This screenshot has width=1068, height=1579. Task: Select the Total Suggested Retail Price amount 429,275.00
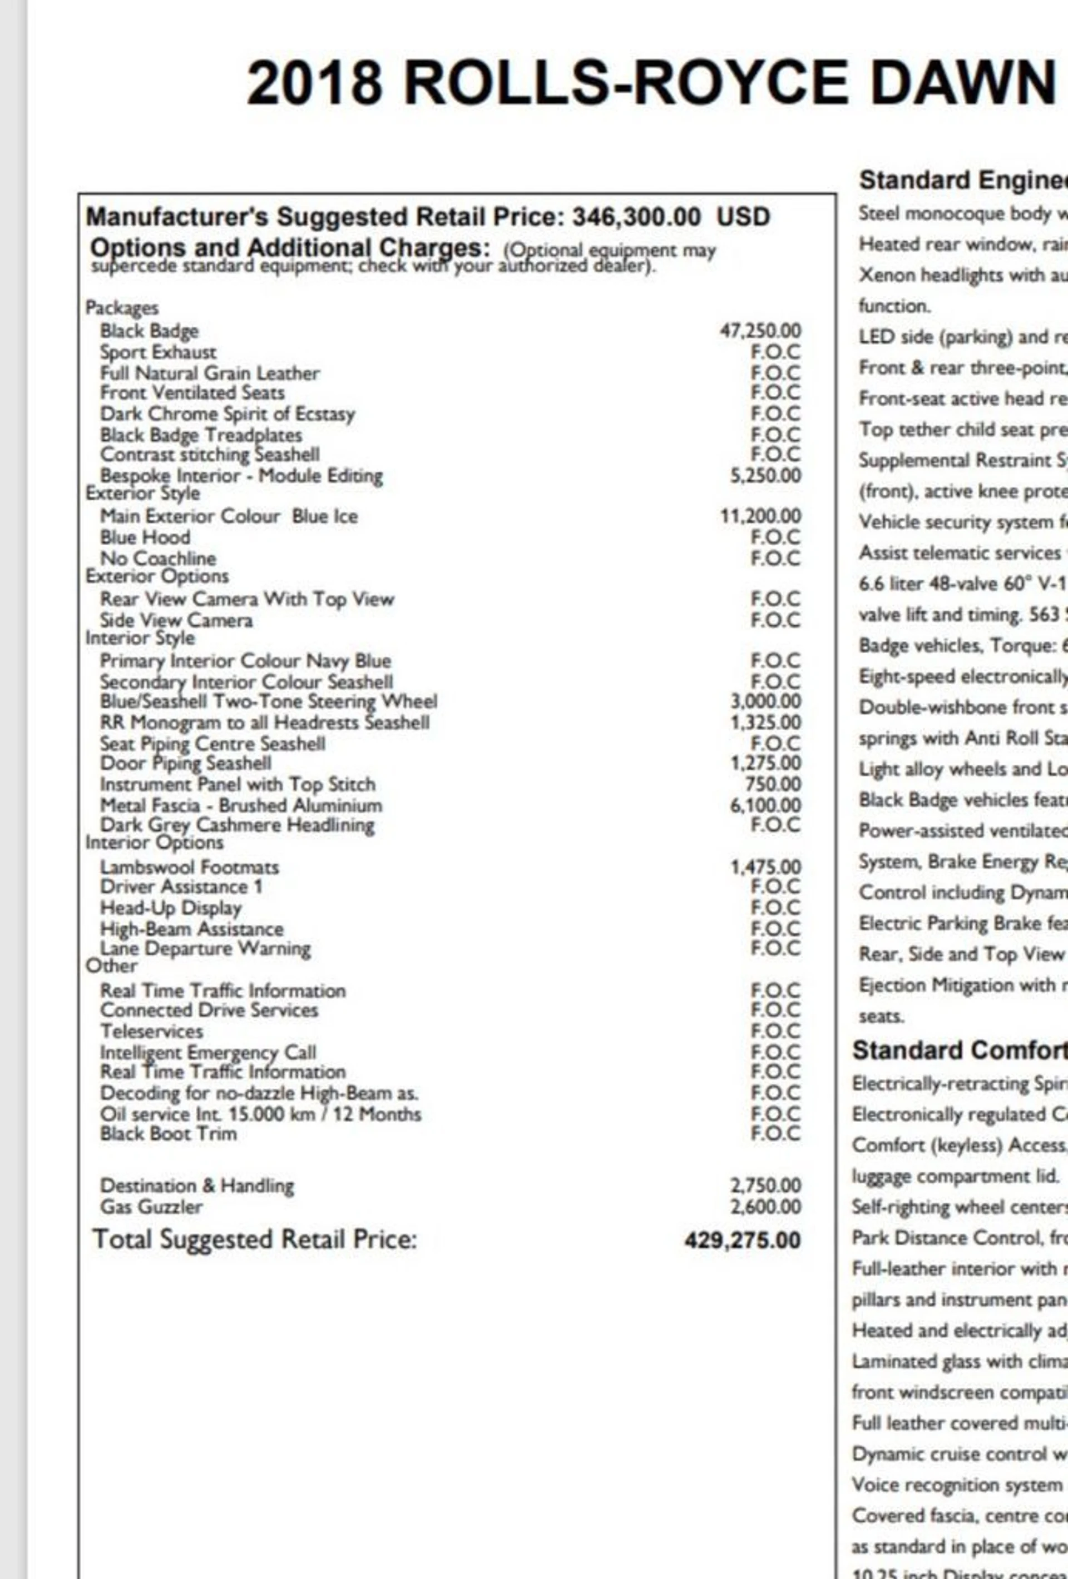[743, 1241]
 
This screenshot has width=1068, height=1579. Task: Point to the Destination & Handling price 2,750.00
[765, 1186]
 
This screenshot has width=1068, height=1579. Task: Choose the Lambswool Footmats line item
[189, 867]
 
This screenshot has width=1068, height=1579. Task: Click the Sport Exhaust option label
[158, 352]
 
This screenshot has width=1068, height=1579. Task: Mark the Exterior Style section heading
[143, 494]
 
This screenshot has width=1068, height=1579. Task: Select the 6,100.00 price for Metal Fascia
[765, 805]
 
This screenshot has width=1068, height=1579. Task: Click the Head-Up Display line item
[171, 908]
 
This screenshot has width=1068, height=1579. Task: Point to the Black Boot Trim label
[168, 1133]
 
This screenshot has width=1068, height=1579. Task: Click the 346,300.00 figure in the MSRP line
[636, 217]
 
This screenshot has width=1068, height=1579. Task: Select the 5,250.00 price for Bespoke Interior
[765, 476]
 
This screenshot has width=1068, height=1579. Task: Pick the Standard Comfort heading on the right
[958, 1050]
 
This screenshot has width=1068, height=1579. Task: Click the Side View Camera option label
[176, 620]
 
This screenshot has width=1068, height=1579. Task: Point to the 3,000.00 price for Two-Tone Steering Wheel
[765, 701]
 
